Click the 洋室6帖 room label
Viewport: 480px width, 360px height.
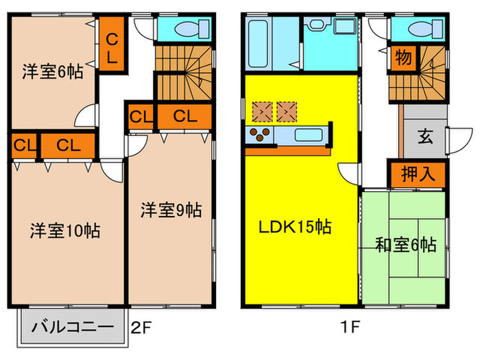[53, 71]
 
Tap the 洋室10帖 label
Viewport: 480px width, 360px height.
[65, 230]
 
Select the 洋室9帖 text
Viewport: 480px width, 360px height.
[171, 210]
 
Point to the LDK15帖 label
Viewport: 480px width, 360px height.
[295, 227]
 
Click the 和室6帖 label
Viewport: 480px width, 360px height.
[406, 245]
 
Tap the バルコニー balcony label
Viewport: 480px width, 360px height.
[73, 327]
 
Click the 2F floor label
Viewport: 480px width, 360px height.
[141, 328]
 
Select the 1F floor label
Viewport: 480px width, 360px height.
[350, 326]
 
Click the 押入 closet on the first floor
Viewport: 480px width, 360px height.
[418, 174]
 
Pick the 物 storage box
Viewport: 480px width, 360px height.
[403, 58]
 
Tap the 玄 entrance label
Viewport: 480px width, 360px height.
[426, 136]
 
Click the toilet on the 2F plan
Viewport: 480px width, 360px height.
[193, 29]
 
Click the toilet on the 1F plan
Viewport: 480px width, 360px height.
[426, 29]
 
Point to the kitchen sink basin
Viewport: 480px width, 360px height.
[309, 135]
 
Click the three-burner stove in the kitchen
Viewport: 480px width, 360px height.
[260, 134]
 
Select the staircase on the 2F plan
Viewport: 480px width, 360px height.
[184, 73]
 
